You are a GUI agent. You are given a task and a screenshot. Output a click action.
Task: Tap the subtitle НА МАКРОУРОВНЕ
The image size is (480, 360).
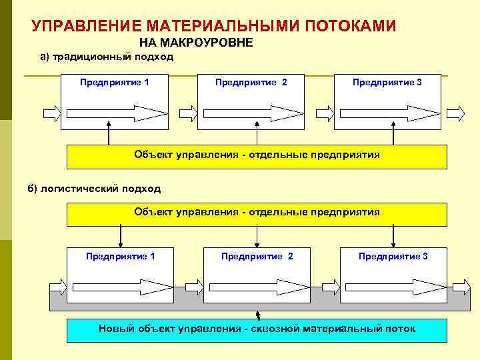tap(195, 43)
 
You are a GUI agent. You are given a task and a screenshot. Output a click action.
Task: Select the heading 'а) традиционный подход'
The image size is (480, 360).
tap(107, 57)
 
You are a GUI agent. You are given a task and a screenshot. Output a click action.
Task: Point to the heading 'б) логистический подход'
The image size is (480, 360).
tap(94, 189)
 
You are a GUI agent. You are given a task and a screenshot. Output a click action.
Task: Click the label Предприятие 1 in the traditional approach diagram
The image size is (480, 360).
tap(114, 82)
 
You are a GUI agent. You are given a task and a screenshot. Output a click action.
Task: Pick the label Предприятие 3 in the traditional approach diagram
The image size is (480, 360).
tap(387, 82)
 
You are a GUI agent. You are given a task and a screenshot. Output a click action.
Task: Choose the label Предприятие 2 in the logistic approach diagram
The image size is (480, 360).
tap(257, 256)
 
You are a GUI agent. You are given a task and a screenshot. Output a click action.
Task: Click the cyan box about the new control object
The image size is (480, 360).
tap(257, 329)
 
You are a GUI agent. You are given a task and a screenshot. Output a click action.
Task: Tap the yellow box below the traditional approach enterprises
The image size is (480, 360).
tap(257, 156)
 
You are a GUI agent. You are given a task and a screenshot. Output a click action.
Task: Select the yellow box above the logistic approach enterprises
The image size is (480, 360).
tap(257, 213)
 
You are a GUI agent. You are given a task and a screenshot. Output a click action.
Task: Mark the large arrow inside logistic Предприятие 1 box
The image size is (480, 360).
tap(122, 287)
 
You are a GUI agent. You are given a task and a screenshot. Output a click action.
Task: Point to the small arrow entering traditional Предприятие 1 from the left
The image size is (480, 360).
tap(51, 113)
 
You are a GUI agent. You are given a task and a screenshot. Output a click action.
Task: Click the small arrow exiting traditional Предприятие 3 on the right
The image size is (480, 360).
tap(456, 113)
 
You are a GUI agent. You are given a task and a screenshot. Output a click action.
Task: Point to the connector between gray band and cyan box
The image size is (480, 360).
tap(257, 315)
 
